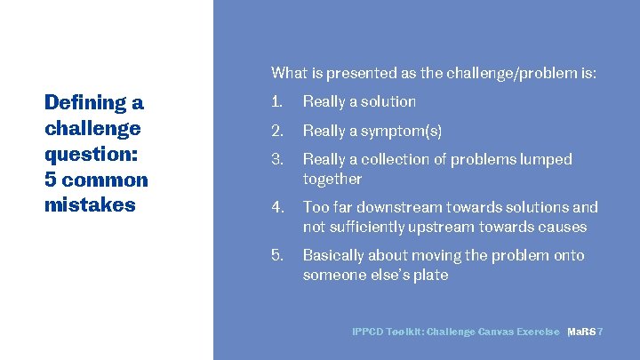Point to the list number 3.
coord(276,160)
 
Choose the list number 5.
coord(276,256)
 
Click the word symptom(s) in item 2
coord(401,132)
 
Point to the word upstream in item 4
coord(452,228)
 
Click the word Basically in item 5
coord(334,256)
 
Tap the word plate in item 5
coord(429,276)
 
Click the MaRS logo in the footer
coord(581,332)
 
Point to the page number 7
coord(602,332)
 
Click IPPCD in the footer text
coord(369,332)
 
